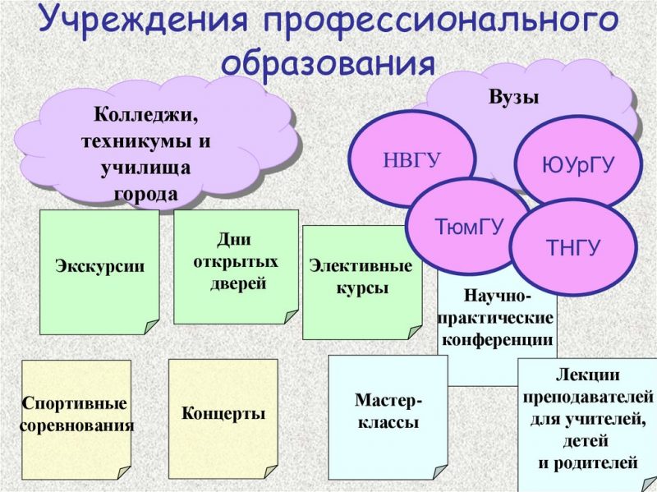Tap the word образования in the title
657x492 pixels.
(328, 62)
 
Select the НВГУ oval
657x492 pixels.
(412, 160)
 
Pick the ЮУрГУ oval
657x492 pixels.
(578, 164)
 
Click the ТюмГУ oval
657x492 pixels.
(469, 227)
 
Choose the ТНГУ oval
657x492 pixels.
(573, 247)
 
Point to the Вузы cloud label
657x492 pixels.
(514, 97)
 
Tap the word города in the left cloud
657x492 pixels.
(146, 194)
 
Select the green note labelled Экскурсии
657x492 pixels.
(99, 272)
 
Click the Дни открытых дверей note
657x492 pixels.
(236, 267)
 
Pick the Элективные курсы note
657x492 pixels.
(362, 282)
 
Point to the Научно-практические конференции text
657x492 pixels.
(498, 318)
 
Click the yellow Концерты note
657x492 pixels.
(223, 419)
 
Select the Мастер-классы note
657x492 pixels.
(388, 417)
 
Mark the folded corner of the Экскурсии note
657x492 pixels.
(152, 327)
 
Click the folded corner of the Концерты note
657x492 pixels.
(271, 471)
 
